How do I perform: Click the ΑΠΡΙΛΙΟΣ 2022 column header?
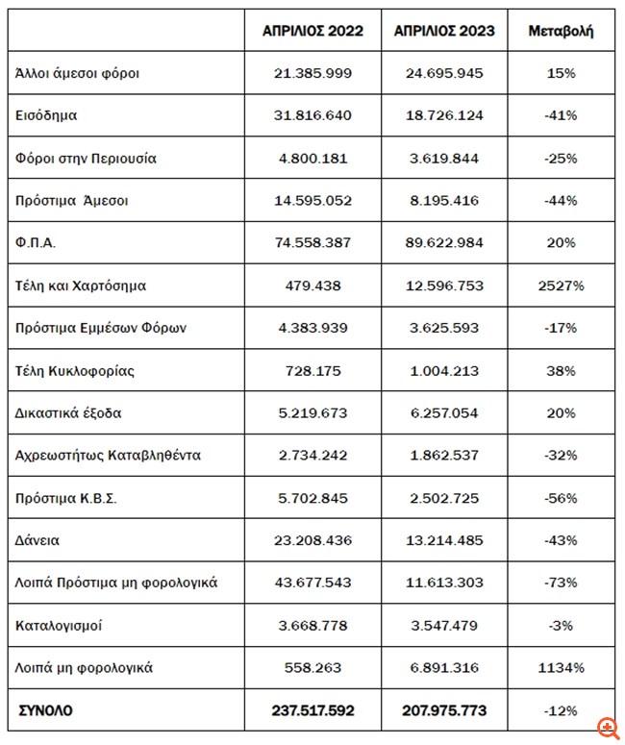coord(312,32)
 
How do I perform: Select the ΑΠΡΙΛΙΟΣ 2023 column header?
coord(444,32)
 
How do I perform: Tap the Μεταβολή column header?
coord(561,32)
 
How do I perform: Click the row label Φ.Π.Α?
coord(37,243)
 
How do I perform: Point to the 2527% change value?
coord(561,286)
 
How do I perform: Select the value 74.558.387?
coord(312,243)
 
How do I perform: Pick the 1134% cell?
coord(561,667)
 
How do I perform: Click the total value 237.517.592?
coord(312,710)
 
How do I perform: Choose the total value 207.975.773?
coord(444,710)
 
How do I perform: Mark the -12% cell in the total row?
coord(561,710)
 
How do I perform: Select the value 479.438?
coord(312,286)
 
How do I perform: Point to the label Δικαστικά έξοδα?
coord(69,413)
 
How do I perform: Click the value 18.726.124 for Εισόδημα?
coord(444,115)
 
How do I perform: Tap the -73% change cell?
coord(561,583)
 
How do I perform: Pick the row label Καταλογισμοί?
coord(60,625)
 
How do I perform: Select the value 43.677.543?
coord(312,583)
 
